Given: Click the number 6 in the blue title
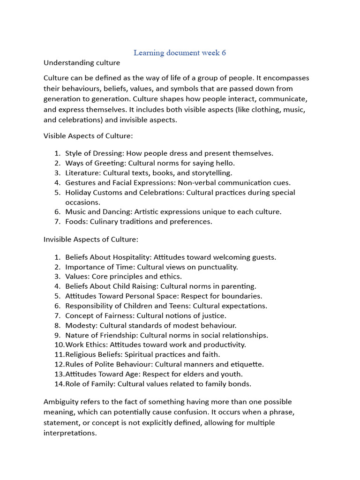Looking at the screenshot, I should tap(224, 52).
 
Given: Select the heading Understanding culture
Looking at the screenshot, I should tap(82, 62).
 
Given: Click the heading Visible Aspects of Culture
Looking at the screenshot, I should tap(88, 136).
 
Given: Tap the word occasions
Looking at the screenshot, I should tap(82, 202).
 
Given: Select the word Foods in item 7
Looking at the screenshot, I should tap(75, 222).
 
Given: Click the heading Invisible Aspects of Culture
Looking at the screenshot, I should tap(91, 239).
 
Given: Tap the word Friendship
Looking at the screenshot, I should tap(118, 335).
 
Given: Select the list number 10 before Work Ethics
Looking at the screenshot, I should tap(59, 345).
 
